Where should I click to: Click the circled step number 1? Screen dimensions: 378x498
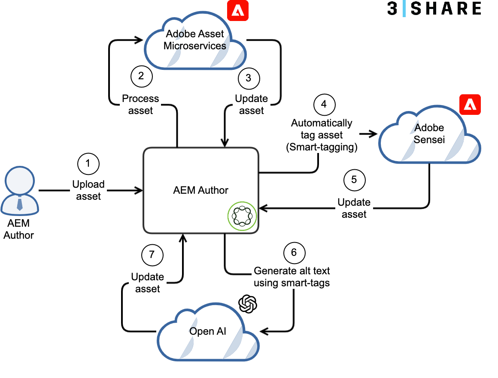tap(88, 163)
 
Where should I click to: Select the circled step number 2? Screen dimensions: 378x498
tap(141, 76)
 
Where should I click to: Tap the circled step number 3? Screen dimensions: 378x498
tap(249, 78)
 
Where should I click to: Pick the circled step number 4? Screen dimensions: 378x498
tap(324, 104)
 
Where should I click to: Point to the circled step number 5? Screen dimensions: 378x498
tap(354, 180)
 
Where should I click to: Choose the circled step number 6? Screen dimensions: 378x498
tap(294, 252)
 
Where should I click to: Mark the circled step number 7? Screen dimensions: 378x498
tap(152, 255)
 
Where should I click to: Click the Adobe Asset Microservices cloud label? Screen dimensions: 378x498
tap(195, 40)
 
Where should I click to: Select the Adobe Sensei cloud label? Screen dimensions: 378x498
tap(429, 134)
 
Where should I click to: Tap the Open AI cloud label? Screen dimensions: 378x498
tap(208, 331)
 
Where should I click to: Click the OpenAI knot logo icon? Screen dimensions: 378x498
tap(248, 304)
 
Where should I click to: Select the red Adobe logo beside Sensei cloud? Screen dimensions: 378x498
tap(470, 104)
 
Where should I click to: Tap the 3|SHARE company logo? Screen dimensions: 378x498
tap(434, 9)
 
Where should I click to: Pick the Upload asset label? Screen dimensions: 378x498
tap(88, 190)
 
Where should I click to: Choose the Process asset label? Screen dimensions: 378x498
tap(140, 104)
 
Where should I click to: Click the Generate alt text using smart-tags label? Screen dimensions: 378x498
tap(292, 277)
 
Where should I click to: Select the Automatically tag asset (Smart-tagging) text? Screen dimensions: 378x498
tap(322, 135)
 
